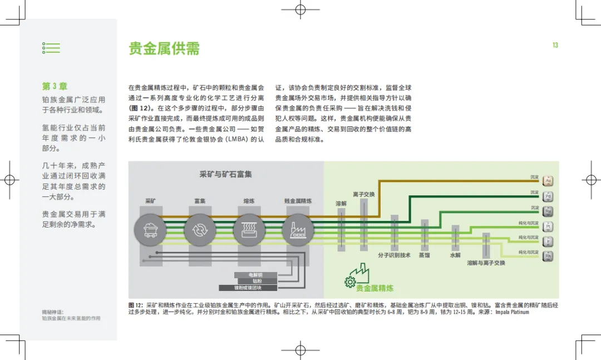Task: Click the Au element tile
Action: (x=548, y=181)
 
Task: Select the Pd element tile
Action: (x=548, y=196)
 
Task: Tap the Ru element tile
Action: (x=548, y=211)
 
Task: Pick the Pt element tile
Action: (x=548, y=226)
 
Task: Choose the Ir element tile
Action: (x=548, y=241)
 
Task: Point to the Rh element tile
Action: (x=548, y=256)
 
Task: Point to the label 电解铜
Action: (x=255, y=275)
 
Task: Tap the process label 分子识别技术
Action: (x=394, y=255)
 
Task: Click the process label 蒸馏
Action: (x=425, y=255)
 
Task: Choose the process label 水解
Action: (x=455, y=255)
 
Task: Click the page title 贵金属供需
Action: (x=164, y=48)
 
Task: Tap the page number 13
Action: (x=555, y=45)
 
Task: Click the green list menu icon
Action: (x=51, y=48)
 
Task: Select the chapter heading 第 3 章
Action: (x=55, y=87)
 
